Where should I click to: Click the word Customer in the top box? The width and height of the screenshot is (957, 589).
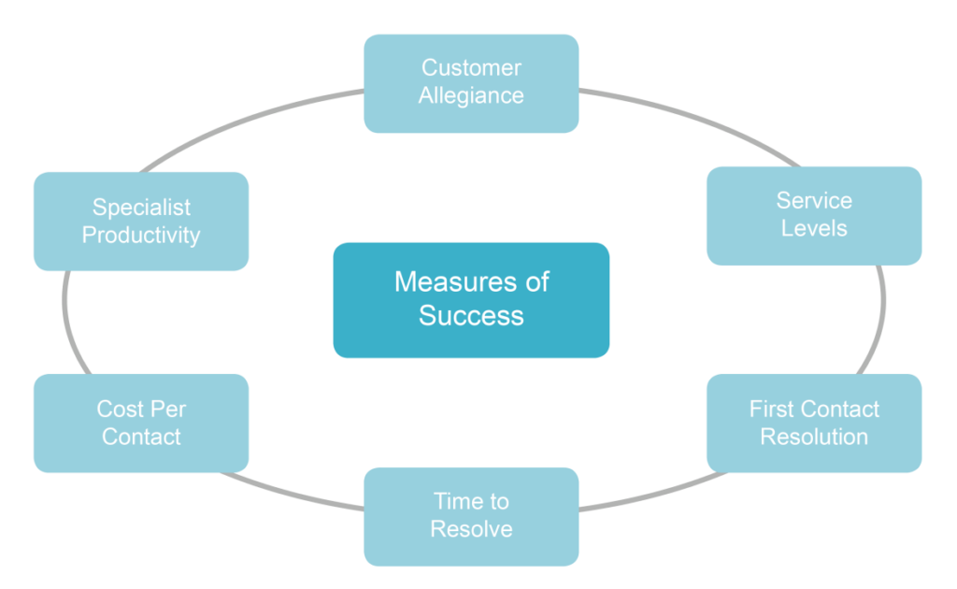click(x=471, y=68)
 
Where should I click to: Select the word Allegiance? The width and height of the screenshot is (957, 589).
click(x=471, y=96)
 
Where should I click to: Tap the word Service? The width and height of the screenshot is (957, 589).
click(x=814, y=201)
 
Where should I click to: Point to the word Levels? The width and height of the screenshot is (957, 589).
click(x=814, y=229)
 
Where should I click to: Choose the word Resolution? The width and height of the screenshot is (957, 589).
click(x=814, y=438)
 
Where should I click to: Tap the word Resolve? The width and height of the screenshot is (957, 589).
click(x=471, y=530)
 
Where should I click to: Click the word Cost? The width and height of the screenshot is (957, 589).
click(x=120, y=409)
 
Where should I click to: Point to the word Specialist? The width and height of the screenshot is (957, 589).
click(x=141, y=208)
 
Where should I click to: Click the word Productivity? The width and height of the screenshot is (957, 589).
click(x=141, y=236)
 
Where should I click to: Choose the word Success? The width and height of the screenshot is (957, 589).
click(x=471, y=316)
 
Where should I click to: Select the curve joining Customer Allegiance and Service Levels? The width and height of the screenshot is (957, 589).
click(x=692, y=117)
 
